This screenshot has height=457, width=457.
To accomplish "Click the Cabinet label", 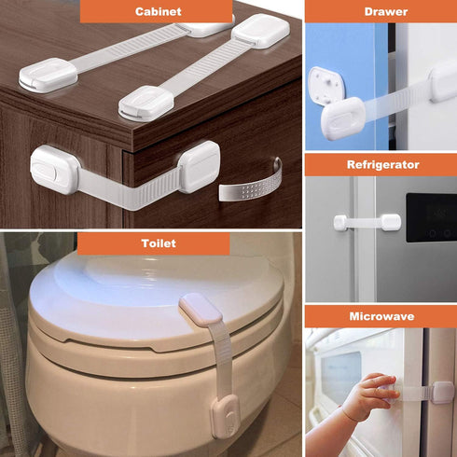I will tap(156, 11).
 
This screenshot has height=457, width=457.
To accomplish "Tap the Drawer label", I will tap(380, 11).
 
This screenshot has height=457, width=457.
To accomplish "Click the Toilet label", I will tap(154, 244).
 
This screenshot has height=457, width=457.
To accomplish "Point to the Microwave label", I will tap(380, 317).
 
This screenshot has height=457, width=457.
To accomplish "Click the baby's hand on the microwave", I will tap(367, 396).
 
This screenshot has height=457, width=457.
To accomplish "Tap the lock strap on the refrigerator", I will tap(367, 222).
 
